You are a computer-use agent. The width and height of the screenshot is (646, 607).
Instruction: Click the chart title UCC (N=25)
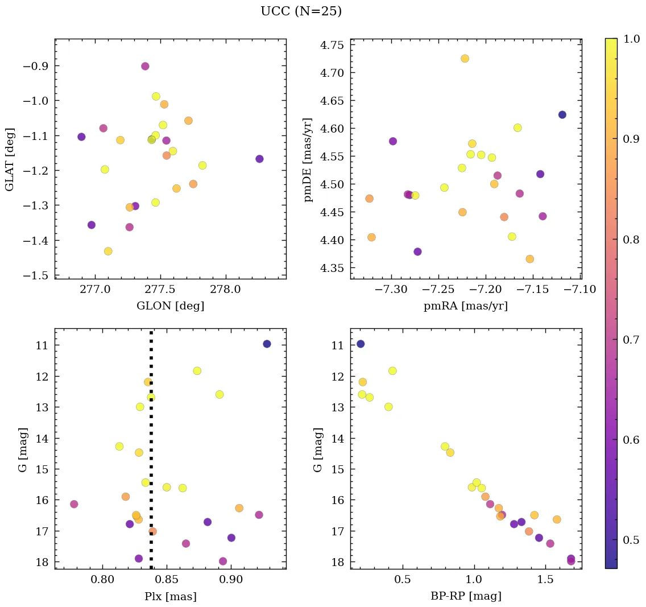(x=301, y=11)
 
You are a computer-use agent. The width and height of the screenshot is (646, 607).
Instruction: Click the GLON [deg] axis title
(x=170, y=306)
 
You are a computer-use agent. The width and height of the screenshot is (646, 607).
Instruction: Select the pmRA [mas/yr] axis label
(x=466, y=306)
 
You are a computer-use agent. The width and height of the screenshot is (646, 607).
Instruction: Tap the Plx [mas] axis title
(x=170, y=596)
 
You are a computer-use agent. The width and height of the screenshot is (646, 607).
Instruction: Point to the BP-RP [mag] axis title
(x=466, y=596)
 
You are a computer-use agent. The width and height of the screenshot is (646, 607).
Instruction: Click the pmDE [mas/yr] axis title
(x=309, y=160)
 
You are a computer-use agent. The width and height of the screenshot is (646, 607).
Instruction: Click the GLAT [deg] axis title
(x=10, y=159)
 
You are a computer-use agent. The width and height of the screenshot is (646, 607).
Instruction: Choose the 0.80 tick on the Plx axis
(x=102, y=581)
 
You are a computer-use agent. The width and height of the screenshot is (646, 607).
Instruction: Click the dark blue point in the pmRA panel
(x=562, y=115)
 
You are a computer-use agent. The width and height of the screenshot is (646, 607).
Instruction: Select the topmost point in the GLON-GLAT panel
(x=145, y=67)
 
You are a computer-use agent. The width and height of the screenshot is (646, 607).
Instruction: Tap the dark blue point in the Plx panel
(x=267, y=344)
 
